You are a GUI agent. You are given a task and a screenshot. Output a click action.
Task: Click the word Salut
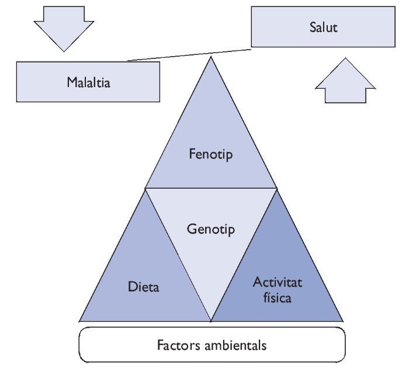[x=323, y=27]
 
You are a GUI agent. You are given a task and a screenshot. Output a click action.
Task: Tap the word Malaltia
[x=88, y=82]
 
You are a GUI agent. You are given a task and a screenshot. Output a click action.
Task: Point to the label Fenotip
[x=211, y=154]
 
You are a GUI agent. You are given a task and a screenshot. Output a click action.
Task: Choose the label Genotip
[x=211, y=229]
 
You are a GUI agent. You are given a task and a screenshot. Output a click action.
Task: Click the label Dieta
[x=143, y=287]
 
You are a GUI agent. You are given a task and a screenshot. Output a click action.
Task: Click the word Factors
[x=178, y=345]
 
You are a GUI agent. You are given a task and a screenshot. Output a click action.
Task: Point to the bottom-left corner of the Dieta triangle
[x=80, y=321]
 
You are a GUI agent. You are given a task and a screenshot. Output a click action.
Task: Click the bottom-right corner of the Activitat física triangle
[x=342, y=321]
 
